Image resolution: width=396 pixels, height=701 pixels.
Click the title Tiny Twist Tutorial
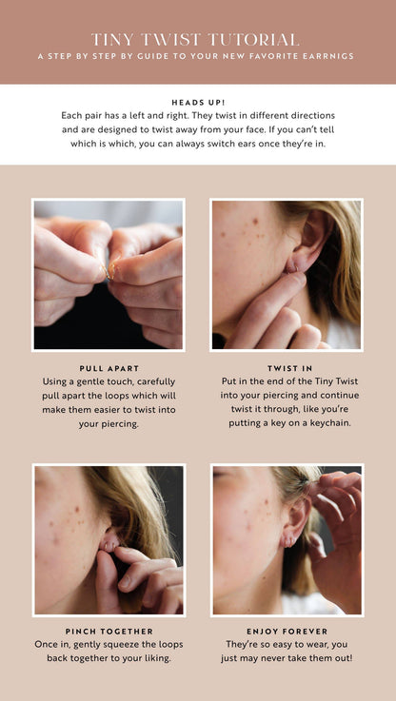coord(195,39)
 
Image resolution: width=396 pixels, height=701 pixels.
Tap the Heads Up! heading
coord(198,101)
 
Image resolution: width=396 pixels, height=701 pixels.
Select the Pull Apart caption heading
coord(109,367)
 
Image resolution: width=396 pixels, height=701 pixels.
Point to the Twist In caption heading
coord(287,367)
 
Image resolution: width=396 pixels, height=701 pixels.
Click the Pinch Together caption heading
coord(109,631)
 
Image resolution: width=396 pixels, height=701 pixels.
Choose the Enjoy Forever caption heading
coord(287,631)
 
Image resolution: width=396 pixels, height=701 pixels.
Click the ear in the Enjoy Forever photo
coord(291,523)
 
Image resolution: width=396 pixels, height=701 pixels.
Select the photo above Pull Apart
coord(109,275)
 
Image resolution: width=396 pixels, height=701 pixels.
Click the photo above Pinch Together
coord(109,539)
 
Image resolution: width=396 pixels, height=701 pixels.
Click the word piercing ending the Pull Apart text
coord(109,423)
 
